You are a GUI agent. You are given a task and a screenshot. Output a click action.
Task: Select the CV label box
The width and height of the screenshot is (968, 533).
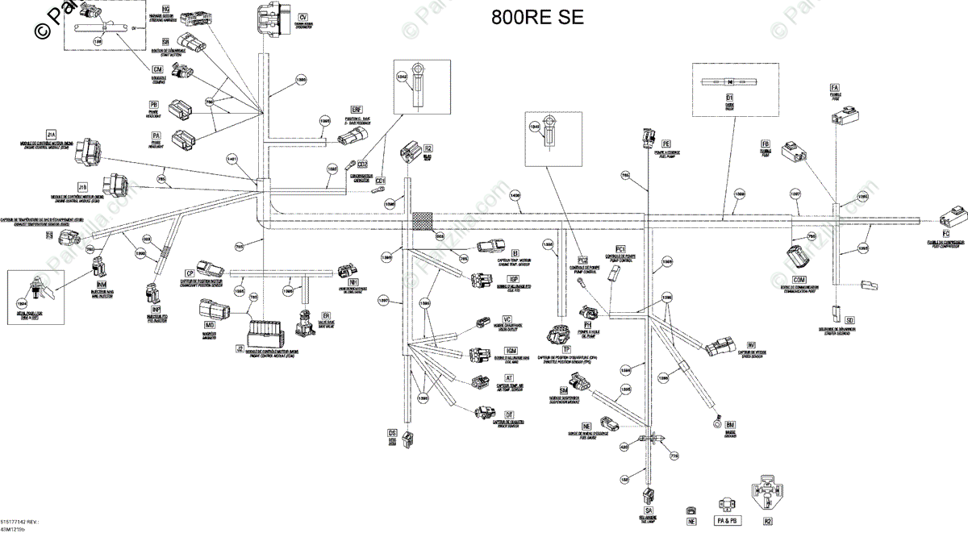tap(302, 17)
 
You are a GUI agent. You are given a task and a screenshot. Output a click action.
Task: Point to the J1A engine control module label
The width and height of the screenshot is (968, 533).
tap(51, 134)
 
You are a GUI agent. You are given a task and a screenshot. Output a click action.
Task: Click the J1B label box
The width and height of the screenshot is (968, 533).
tap(82, 186)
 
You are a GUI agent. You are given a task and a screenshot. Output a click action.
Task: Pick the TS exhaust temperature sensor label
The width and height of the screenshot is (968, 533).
tap(49, 235)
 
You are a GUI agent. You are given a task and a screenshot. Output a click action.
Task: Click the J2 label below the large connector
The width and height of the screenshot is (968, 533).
tap(240, 348)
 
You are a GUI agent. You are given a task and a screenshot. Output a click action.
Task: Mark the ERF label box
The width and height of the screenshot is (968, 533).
tap(357, 109)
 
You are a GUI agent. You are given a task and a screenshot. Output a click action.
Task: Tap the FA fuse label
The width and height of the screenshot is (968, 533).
tap(835, 87)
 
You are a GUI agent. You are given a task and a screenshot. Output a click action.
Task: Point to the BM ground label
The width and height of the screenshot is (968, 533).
tap(730, 424)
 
